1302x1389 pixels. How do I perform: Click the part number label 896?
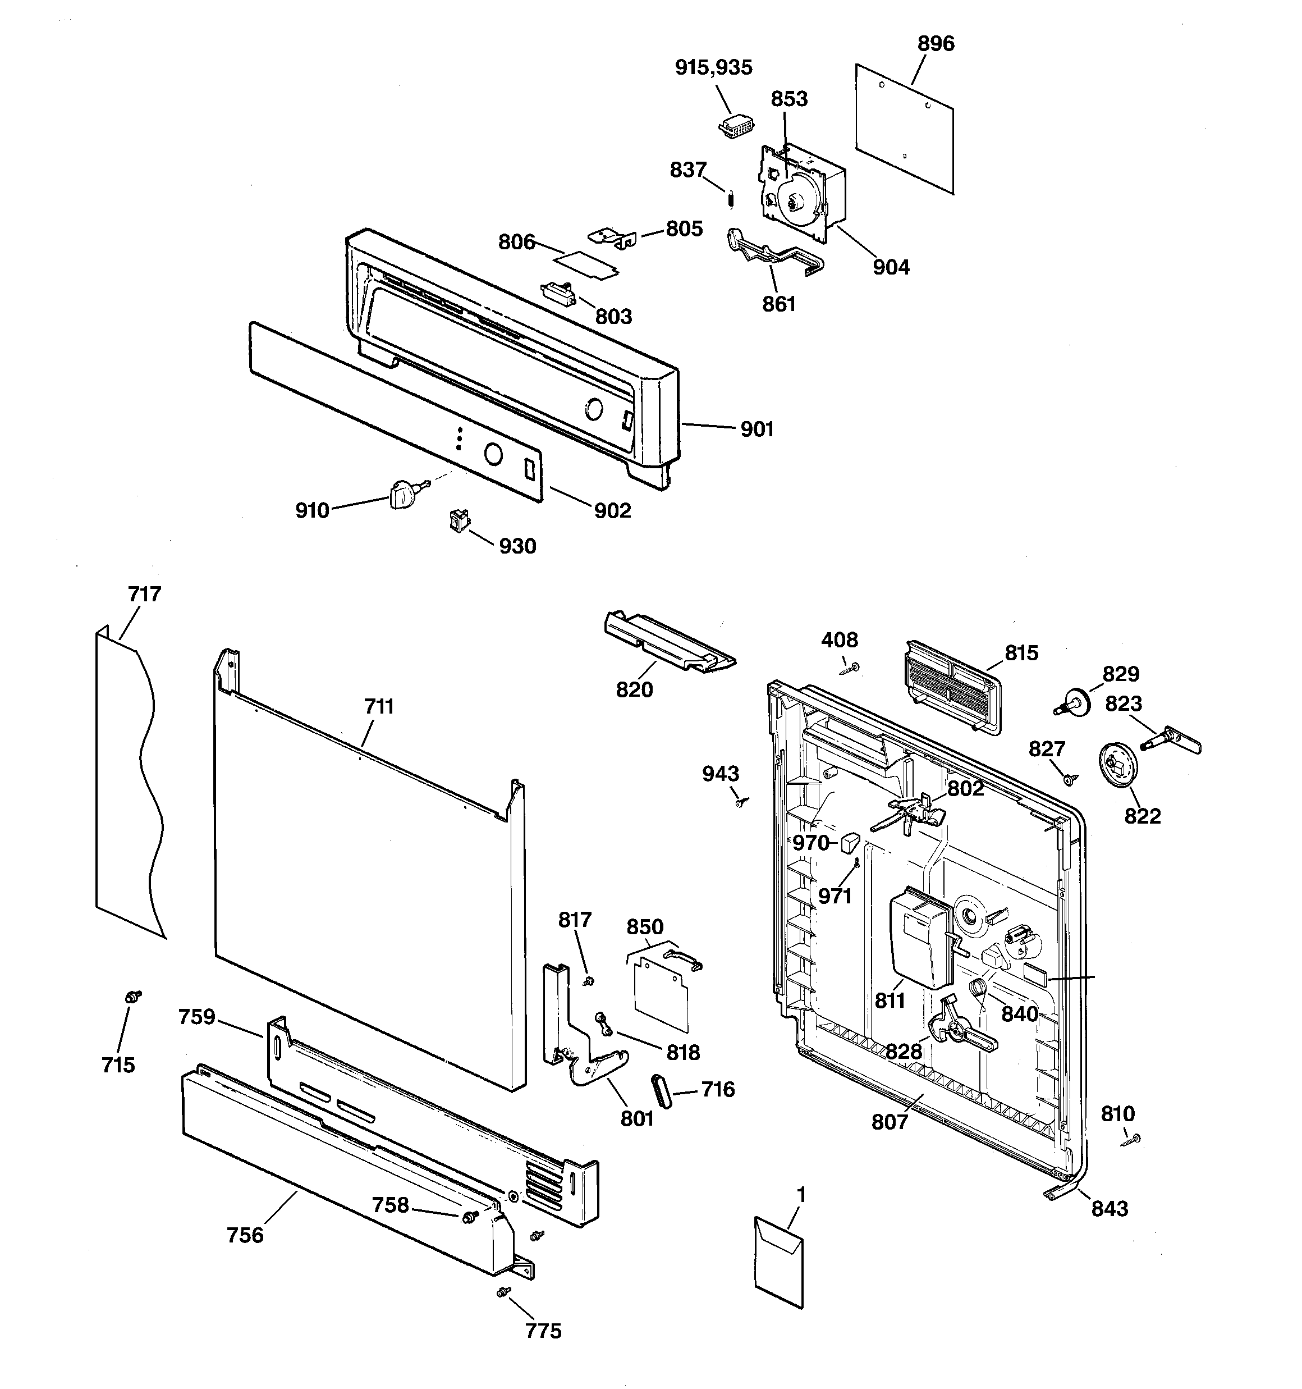pyautogui.click(x=936, y=44)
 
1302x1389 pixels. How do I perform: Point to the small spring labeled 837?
pyautogui.click(x=731, y=199)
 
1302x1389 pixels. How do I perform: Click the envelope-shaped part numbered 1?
pyautogui.click(x=779, y=1262)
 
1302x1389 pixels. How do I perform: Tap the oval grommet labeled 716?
pyautogui.click(x=660, y=1091)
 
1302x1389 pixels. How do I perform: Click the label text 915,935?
pyautogui.click(x=713, y=68)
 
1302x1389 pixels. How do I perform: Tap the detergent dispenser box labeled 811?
pyautogui.click(x=920, y=937)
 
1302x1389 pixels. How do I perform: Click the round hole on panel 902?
pyautogui.click(x=492, y=455)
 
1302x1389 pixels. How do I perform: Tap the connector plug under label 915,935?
pyautogui.click(x=736, y=128)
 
